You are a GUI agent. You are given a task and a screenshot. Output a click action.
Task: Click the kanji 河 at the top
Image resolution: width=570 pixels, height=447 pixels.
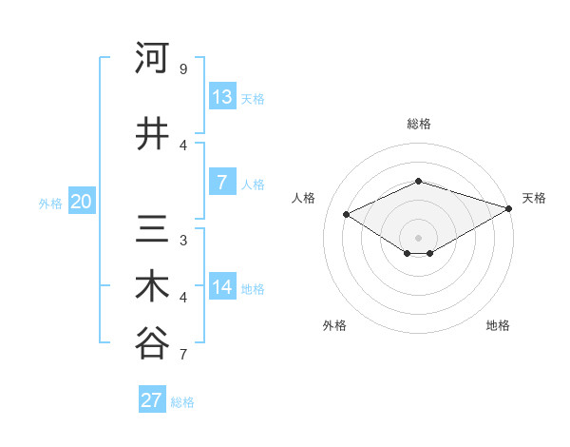tap(152, 59)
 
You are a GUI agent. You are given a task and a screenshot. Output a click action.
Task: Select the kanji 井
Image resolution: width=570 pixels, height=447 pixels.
tap(152, 134)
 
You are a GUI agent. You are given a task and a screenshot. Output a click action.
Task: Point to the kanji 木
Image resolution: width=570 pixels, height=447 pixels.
tap(152, 287)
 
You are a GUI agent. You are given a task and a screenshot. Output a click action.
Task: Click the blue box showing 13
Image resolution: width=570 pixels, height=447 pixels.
tap(222, 97)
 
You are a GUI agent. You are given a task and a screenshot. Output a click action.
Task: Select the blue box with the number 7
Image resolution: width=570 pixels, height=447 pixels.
tap(222, 183)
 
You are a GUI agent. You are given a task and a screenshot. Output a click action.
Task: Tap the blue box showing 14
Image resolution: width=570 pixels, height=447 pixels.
tap(222, 287)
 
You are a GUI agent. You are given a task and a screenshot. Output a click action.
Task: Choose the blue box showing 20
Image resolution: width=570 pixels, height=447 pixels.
tap(82, 202)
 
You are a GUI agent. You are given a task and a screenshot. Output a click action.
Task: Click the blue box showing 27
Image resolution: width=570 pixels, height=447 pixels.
tap(152, 400)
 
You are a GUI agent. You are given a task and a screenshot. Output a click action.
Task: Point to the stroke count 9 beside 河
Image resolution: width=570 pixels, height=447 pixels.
tap(183, 69)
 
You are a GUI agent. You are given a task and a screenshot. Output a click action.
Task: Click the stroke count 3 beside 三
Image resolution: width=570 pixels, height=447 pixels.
tap(183, 240)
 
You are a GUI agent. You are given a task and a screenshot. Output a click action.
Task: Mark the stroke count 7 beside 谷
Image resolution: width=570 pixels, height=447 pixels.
tap(183, 356)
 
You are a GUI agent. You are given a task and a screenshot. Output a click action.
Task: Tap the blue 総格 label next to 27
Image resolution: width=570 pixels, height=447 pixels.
tap(182, 402)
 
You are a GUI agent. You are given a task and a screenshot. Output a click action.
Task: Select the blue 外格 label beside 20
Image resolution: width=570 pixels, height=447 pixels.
tap(50, 203)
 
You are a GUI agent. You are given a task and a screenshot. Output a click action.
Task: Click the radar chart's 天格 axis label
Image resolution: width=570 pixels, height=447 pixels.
tap(534, 198)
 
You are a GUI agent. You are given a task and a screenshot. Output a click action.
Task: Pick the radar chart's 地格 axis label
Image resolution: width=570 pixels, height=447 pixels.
tap(498, 325)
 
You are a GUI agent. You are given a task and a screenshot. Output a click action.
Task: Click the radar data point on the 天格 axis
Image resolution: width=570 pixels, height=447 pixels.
tap(509, 208)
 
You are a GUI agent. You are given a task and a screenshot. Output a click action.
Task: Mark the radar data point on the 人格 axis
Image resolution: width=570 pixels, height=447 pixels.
tap(347, 214)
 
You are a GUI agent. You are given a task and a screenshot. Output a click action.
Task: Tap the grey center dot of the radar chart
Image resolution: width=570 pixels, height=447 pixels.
tap(418, 237)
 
